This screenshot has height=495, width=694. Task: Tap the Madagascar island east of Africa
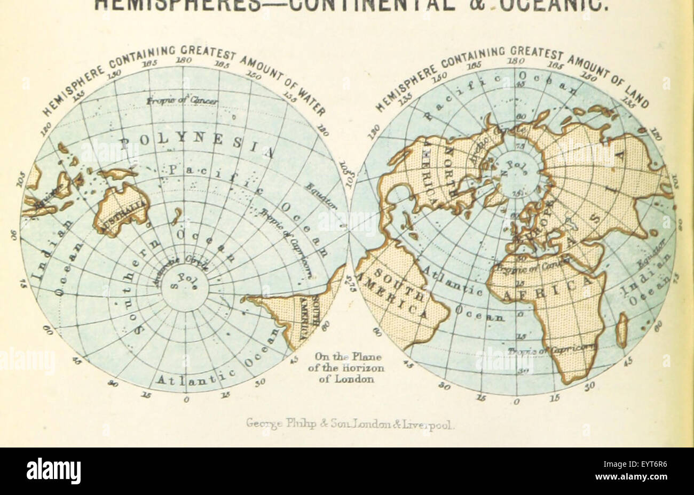click(621, 329)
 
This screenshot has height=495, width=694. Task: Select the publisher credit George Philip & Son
click(350, 425)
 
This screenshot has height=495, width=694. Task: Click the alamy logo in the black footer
click(54, 471)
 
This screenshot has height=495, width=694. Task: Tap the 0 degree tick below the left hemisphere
click(186, 400)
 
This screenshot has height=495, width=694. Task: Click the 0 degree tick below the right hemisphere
click(516, 402)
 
